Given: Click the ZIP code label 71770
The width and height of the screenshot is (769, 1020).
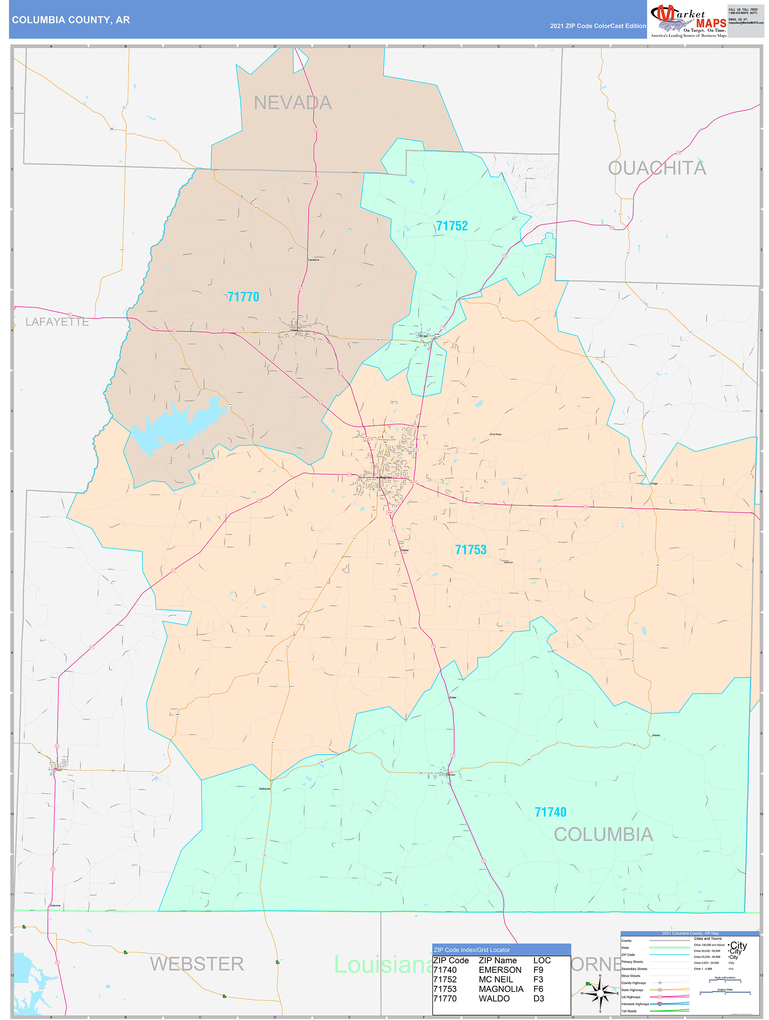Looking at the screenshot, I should pyautogui.click(x=244, y=297).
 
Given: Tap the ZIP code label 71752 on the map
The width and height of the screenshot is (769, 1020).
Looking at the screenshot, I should pyautogui.click(x=452, y=226).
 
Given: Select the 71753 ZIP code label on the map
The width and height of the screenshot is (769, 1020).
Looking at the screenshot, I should pyautogui.click(x=471, y=550).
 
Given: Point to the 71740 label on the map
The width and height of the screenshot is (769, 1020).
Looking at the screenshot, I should pyautogui.click(x=550, y=812).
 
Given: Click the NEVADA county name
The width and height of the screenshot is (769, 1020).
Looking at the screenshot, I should pyautogui.click(x=293, y=103).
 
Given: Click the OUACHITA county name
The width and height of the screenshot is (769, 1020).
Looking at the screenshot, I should pyautogui.click(x=657, y=168).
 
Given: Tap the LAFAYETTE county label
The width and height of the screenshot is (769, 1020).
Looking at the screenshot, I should pyautogui.click(x=57, y=322).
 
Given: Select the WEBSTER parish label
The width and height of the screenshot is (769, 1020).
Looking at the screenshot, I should pyautogui.click(x=197, y=964).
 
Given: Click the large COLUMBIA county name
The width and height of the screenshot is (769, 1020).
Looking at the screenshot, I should pyautogui.click(x=604, y=834).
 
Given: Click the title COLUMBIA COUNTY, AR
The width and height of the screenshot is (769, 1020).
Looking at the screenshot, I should pyautogui.click(x=71, y=20).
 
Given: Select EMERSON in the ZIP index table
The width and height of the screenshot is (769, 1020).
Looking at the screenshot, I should pyautogui.click(x=500, y=970).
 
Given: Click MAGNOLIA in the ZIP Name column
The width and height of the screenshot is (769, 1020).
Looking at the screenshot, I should pyautogui.click(x=501, y=989).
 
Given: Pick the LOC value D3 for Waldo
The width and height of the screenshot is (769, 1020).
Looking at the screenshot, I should pyautogui.click(x=538, y=998).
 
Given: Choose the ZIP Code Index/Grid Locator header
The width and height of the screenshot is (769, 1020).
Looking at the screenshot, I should pyautogui.click(x=472, y=950).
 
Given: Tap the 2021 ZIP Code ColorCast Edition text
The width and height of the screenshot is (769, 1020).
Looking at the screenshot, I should pyautogui.click(x=598, y=26).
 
